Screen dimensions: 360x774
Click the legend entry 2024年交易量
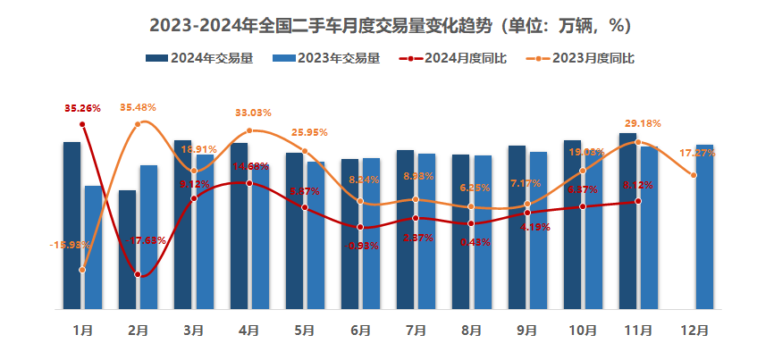[201, 59]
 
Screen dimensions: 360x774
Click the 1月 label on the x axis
[83, 331]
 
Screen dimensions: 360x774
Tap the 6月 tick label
[360, 331]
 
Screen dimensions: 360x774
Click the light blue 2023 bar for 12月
[704, 227]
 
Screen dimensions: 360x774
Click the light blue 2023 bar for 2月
[148, 237]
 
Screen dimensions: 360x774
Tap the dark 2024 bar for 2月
[127, 249]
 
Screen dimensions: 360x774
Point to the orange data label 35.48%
[138, 107]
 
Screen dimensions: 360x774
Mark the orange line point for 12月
[694, 175]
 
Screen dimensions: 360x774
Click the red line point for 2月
[138, 274]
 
